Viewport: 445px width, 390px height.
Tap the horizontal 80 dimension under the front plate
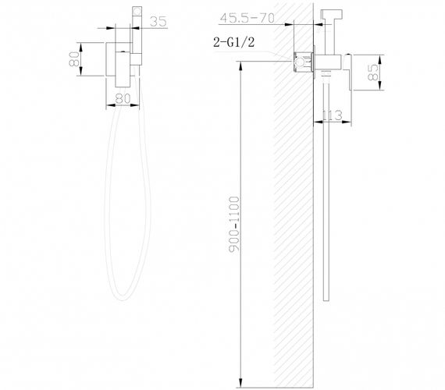pos(122,98)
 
